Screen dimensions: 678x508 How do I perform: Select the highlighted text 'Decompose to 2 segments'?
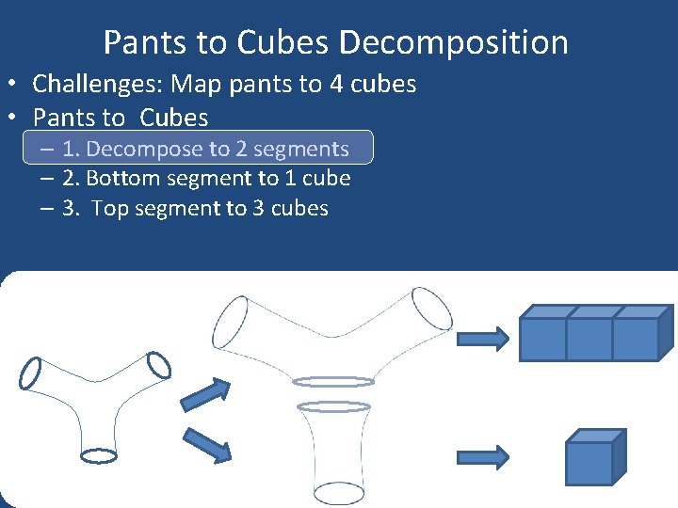(218, 149)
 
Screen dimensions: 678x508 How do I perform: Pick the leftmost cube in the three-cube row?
(543, 338)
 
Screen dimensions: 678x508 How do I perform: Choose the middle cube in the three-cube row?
(589, 338)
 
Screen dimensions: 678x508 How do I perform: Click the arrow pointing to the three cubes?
(483, 337)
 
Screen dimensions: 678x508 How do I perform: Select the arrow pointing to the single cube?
(483, 457)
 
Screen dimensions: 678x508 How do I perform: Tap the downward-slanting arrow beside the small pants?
(206, 443)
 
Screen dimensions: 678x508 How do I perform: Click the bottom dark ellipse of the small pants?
(98, 455)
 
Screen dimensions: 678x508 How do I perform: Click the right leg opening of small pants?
(156, 363)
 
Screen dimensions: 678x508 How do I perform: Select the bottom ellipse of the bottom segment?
(338, 493)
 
